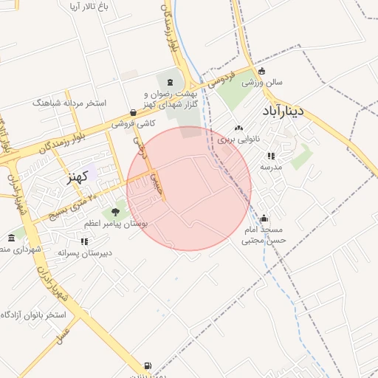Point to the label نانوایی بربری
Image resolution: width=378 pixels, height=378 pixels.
236,138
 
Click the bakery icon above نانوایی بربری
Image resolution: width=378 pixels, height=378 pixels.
238,128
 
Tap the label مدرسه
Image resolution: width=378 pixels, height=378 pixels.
271,167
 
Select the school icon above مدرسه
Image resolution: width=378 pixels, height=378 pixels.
271,156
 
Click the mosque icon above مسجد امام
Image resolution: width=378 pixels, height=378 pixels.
264,219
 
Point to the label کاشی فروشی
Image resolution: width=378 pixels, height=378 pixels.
134,124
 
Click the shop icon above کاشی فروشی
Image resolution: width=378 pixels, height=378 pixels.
133,113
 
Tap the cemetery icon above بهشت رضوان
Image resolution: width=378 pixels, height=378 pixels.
171,81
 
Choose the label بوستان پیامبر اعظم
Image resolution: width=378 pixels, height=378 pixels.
118,223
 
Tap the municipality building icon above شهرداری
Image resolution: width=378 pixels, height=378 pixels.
11,238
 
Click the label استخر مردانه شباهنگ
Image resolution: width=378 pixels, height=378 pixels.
69,103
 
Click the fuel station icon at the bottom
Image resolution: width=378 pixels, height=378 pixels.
148,365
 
